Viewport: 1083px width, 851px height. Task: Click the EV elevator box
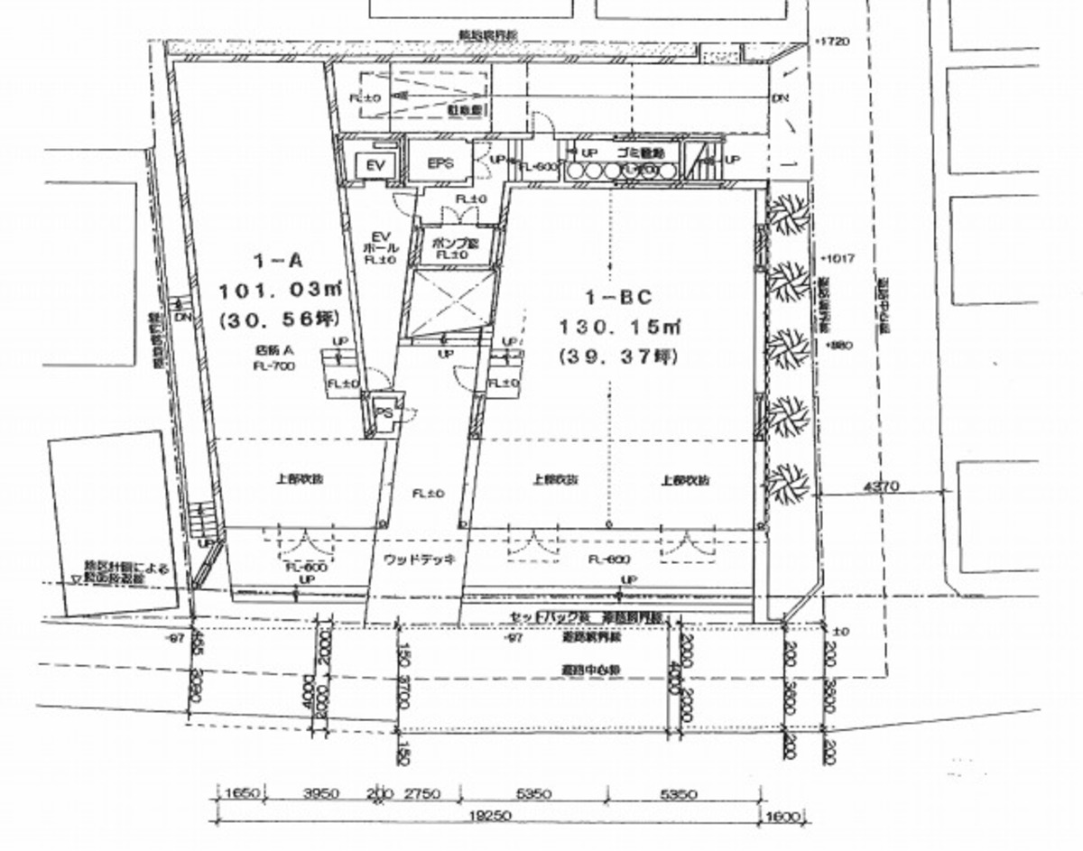369,165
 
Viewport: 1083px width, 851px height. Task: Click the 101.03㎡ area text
271,290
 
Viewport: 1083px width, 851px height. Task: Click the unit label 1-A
271,262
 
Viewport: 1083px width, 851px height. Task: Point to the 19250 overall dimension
492,813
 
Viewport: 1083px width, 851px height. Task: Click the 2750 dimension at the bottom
421,794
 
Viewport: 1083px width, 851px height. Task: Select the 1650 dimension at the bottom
242,794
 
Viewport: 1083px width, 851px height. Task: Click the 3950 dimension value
319,794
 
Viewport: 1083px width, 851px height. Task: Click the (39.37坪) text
620,356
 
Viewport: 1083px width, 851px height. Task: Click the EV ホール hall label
374,242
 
